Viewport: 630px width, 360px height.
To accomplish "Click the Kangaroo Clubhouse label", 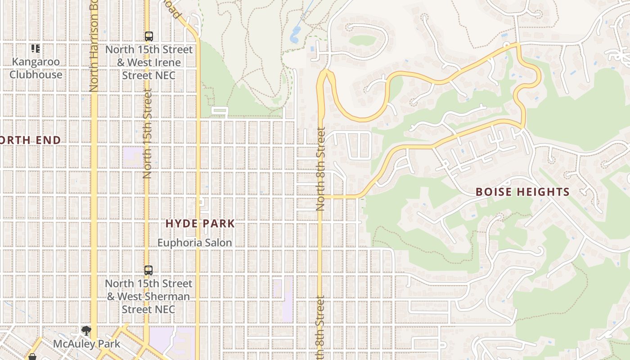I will pos(36,68).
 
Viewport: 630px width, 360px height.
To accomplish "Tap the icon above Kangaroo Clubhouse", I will pos(36,48).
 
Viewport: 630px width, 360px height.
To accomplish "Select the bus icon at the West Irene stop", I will pos(148,36).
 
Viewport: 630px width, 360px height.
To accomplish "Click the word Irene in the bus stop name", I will pos(168,63).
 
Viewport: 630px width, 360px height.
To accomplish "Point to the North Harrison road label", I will pos(94,45).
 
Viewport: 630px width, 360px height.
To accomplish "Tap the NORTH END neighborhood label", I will pos(30,140).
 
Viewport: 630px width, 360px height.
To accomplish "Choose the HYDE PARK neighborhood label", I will pos(200,223).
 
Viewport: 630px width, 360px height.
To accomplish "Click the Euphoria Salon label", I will pos(194,243).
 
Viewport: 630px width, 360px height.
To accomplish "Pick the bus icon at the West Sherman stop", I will pos(148,270).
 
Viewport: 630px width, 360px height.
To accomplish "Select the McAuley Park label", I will pos(86,344).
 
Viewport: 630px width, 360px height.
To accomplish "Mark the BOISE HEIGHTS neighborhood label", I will pos(522,192).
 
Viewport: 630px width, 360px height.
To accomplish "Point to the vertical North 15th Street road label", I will pos(147,134).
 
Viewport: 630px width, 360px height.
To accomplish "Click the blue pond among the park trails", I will pos(295,34).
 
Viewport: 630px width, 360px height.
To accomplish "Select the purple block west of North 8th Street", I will pos(283,299).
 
